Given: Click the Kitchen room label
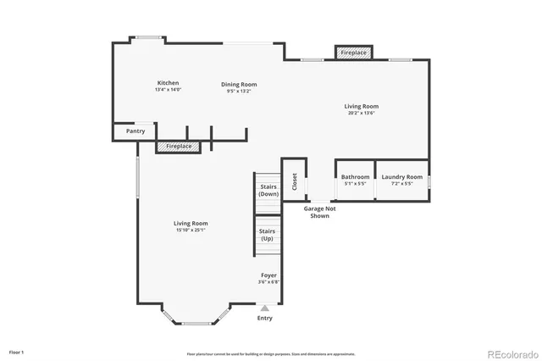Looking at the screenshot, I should click(x=168, y=83).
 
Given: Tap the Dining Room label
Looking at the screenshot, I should click(x=239, y=85).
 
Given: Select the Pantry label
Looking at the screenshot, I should click(x=135, y=131).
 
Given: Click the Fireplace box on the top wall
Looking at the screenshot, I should click(x=353, y=53).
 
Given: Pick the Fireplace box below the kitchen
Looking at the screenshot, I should click(x=178, y=147).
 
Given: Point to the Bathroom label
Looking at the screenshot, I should click(x=355, y=177).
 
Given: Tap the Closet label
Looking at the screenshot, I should click(x=294, y=180).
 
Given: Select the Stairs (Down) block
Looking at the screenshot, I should click(x=268, y=191).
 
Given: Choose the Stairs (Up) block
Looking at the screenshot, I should click(x=268, y=235).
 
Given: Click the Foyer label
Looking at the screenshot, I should click(x=268, y=275).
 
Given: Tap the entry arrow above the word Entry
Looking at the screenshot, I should click(x=265, y=308).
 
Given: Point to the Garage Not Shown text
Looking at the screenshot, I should click(x=320, y=212).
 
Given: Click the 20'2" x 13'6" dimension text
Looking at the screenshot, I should click(x=361, y=113).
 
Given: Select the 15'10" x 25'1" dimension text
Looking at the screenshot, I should click(x=191, y=230).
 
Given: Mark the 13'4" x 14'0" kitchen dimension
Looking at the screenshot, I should click(x=168, y=89).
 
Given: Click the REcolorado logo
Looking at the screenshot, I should click(x=509, y=353).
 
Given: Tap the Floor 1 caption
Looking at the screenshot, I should click(x=16, y=352).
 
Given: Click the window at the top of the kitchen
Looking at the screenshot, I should click(x=150, y=36).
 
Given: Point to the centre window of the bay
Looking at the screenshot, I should click(x=197, y=323).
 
